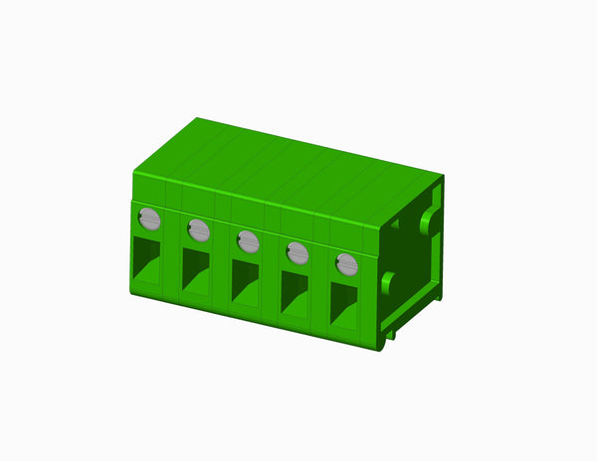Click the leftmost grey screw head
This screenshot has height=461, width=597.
[x=150, y=218]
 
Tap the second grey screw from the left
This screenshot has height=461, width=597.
[x=199, y=230]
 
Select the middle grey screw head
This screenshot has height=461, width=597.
[x=248, y=241]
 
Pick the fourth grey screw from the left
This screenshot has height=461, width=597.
[x=297, y=252]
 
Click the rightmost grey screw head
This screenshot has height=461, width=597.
[x=346, y=264]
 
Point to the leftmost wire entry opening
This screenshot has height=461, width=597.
[x=146, y=259]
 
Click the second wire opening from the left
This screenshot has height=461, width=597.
[x=196, y=272]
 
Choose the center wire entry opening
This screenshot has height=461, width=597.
[x=245, y=285]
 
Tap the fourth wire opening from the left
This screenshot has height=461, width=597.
[x=295, y=297]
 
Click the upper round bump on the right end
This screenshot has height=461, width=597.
[x=430, y=218]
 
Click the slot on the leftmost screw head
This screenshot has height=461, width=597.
[x=150, y=218]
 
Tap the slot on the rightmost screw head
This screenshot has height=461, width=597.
[x=346, y=264]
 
